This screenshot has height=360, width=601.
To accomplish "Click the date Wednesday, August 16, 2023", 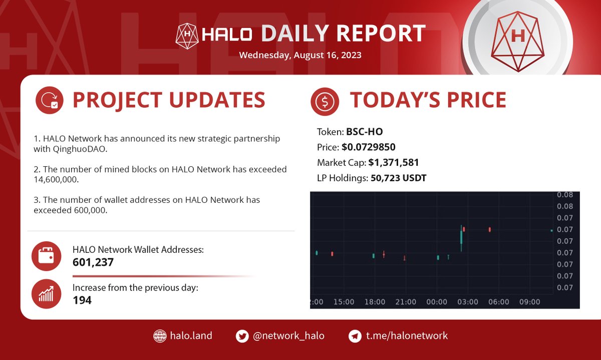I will click(x=300, y=55).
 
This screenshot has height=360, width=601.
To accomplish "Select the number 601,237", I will click(x=93, y=262).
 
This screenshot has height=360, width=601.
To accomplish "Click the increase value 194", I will click(x=82, y=300).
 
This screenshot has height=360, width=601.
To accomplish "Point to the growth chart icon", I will click(x=46, y=294).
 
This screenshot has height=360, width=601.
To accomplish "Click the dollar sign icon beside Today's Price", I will click(x=325, y=102).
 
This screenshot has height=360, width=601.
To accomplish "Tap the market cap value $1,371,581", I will click(x=393, y=162).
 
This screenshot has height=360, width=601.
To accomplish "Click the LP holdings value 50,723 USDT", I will click(x=398, y=177).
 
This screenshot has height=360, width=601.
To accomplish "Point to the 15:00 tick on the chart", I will click(x=344, y=302).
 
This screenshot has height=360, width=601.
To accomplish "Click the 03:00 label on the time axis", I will click(x=468, y=302).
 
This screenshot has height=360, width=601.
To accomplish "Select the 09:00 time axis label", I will click(x=530, y=302).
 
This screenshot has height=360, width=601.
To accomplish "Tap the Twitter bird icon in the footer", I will click(x=242, y=336).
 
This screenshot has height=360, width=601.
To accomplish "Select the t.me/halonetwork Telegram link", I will click(x=406, y=335).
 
